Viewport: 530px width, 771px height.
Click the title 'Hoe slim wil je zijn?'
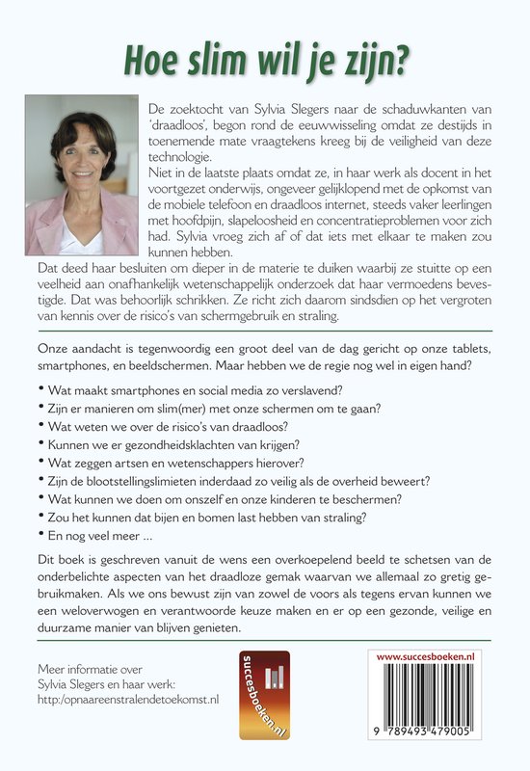(x=264, y=59)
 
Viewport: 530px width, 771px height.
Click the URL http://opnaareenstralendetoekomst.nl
(x=127, y=699)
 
